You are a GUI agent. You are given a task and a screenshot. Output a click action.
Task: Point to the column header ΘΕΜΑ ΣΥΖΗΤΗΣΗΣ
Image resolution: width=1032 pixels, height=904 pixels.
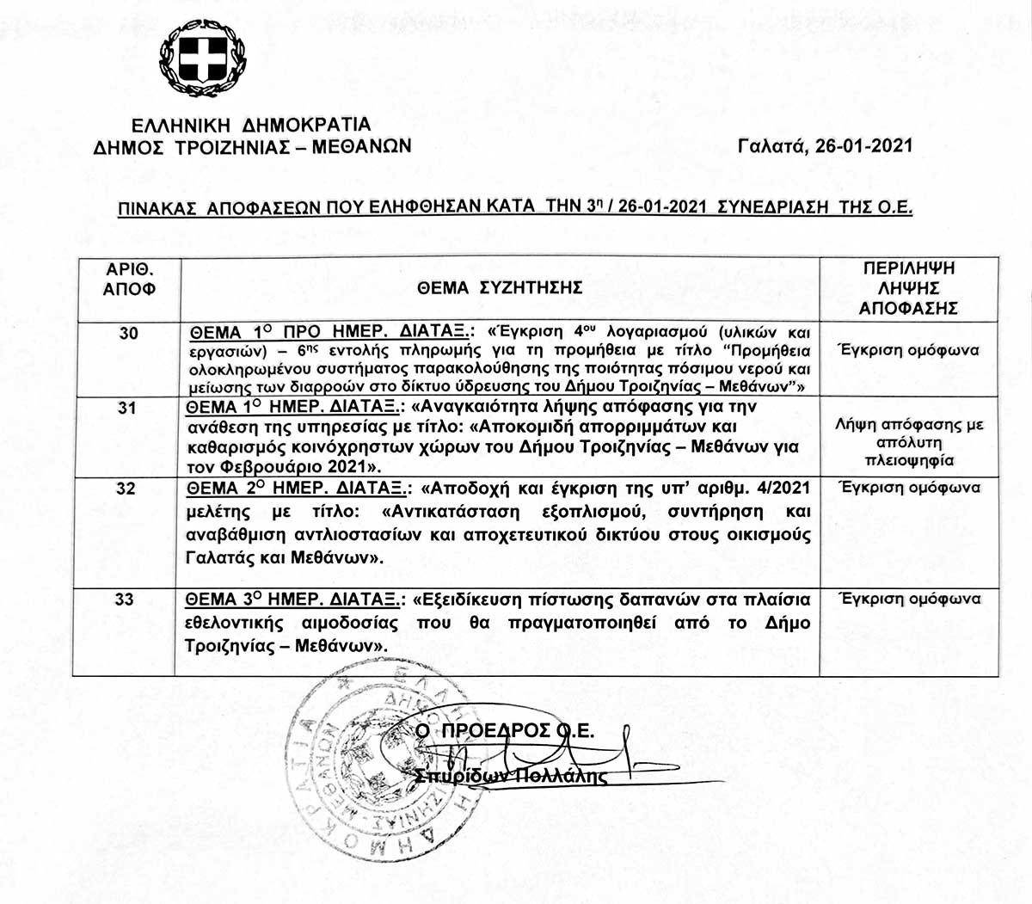[x=500, y=288]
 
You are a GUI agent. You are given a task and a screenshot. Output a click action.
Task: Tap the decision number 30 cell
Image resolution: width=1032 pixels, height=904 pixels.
[x=128, y=333]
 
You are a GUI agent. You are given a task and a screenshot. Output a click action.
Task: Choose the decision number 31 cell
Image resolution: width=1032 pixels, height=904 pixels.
[x=126, y=407]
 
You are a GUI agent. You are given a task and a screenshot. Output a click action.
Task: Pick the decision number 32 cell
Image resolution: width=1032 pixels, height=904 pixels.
[x=126, y=489]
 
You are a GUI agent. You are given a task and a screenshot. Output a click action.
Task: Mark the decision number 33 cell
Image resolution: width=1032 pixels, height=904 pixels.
[x=125, y=599]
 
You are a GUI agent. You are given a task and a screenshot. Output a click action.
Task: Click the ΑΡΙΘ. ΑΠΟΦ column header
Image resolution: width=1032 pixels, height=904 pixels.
[x=129, y=279]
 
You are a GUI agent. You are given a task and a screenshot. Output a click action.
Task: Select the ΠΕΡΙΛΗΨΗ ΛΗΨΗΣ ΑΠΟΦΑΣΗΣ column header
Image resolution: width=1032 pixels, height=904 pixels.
[x=908, y=288]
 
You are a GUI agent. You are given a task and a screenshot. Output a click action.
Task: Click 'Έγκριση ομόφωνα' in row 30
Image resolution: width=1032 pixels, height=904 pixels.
[x=908, y=351]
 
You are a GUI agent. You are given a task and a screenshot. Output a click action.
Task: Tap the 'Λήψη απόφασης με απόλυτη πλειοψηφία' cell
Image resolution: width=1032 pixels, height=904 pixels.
[x=909, y=442]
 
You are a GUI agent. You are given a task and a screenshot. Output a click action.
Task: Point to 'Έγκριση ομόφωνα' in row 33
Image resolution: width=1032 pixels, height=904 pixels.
[x=910, y=600]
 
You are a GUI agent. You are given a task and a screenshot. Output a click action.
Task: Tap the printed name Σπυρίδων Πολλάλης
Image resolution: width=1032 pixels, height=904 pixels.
[x=511, y=776]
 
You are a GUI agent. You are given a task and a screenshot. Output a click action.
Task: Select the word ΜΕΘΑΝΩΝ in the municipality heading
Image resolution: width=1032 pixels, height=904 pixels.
[x=361, y=147]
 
